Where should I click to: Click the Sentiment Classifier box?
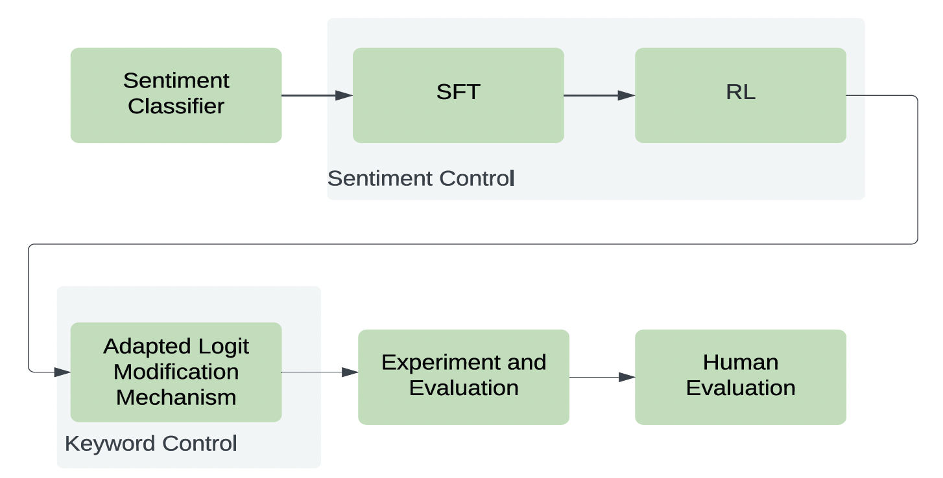coord(176,95)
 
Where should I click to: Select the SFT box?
coord(458,95)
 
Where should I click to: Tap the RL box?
coord(740,95)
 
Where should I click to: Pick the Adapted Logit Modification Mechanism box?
coord(176,372)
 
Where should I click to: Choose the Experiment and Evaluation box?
coord(463,376)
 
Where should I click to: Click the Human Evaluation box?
coord(740,376)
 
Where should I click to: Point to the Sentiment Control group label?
coord(420,178)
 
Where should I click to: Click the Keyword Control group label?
coord(150,444)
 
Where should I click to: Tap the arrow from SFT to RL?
coord(599,95)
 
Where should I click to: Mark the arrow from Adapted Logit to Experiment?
coord(319,372)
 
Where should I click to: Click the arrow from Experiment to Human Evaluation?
coord(601,377)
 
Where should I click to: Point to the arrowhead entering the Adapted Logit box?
coord(62,372)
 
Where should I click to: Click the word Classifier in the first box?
coord(176,106)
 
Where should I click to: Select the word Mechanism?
coord(176,397)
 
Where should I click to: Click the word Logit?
coord(222,347)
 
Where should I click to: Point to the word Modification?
coord(176,372)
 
